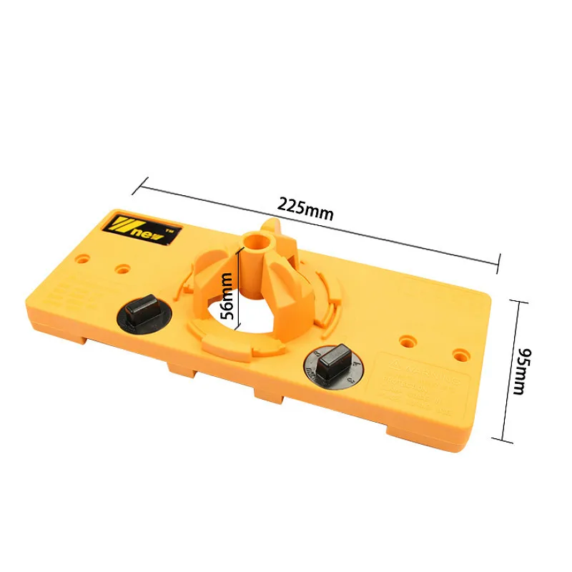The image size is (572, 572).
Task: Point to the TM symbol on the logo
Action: (x=169, y=232)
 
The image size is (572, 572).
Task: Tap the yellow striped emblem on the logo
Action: (x=127, y=225)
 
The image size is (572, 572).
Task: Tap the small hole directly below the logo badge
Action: (x=123, y=270)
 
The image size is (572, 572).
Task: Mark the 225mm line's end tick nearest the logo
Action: (x=137, y=185)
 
